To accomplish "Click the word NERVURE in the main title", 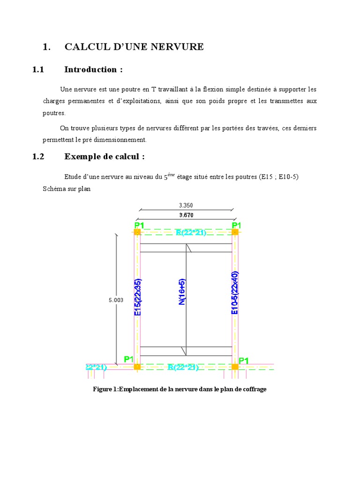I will pyautogui.click(x=180, y=46).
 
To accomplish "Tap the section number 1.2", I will pyautogui.click(x=38, y=157).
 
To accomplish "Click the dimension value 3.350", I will pyautogui.click(x=186, y=205).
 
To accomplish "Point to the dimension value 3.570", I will pyautogui.click(x=186, y=215).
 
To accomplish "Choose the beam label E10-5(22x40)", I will pyautogui.click(x=235, y=292).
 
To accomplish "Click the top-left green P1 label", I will pyautogui.click(x=139, y=225).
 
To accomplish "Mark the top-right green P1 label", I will pyautogui.click(x=236, y=225).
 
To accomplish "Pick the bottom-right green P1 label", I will pyautogui.click(x=244, y=360).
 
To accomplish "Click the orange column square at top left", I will pyautogui.click(x=137, y=232).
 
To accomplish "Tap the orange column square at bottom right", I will pyautogui.click(x=235, y=367).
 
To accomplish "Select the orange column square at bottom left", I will pyautogui.click(x=137, y=367).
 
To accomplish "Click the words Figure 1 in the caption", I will pyautogui.click(x=105, y=390).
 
